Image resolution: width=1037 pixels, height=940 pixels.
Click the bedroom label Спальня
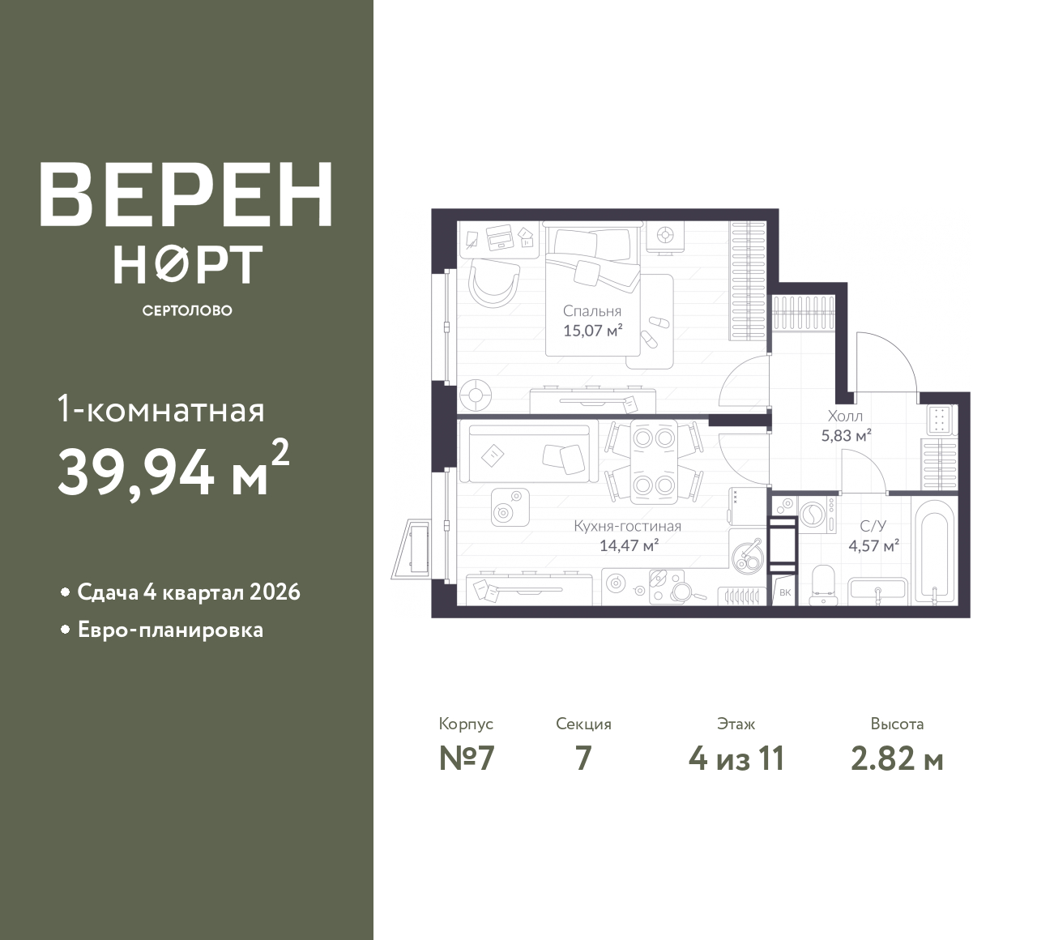(592, 311)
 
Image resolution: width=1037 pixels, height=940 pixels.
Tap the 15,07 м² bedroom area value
(592, 331)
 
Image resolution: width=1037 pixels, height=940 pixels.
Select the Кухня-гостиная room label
(628, 527)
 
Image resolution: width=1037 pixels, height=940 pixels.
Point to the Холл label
(845, 416)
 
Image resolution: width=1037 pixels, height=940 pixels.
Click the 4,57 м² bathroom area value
(873, 545)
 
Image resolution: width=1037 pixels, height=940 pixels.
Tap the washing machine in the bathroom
(817, 515)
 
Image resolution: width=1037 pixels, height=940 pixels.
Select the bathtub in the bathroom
(935, 551)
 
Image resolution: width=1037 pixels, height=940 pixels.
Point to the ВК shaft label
(785, 592)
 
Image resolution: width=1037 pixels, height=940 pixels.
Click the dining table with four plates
(654, 461)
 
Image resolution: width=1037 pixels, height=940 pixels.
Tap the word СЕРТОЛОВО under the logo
(187, 310)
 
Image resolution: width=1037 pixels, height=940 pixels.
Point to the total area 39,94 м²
(173, 471)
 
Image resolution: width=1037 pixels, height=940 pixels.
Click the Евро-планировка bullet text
(170, 630)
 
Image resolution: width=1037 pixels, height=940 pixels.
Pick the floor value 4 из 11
(736, 759)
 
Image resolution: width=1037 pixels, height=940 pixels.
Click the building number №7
(467, 759)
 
